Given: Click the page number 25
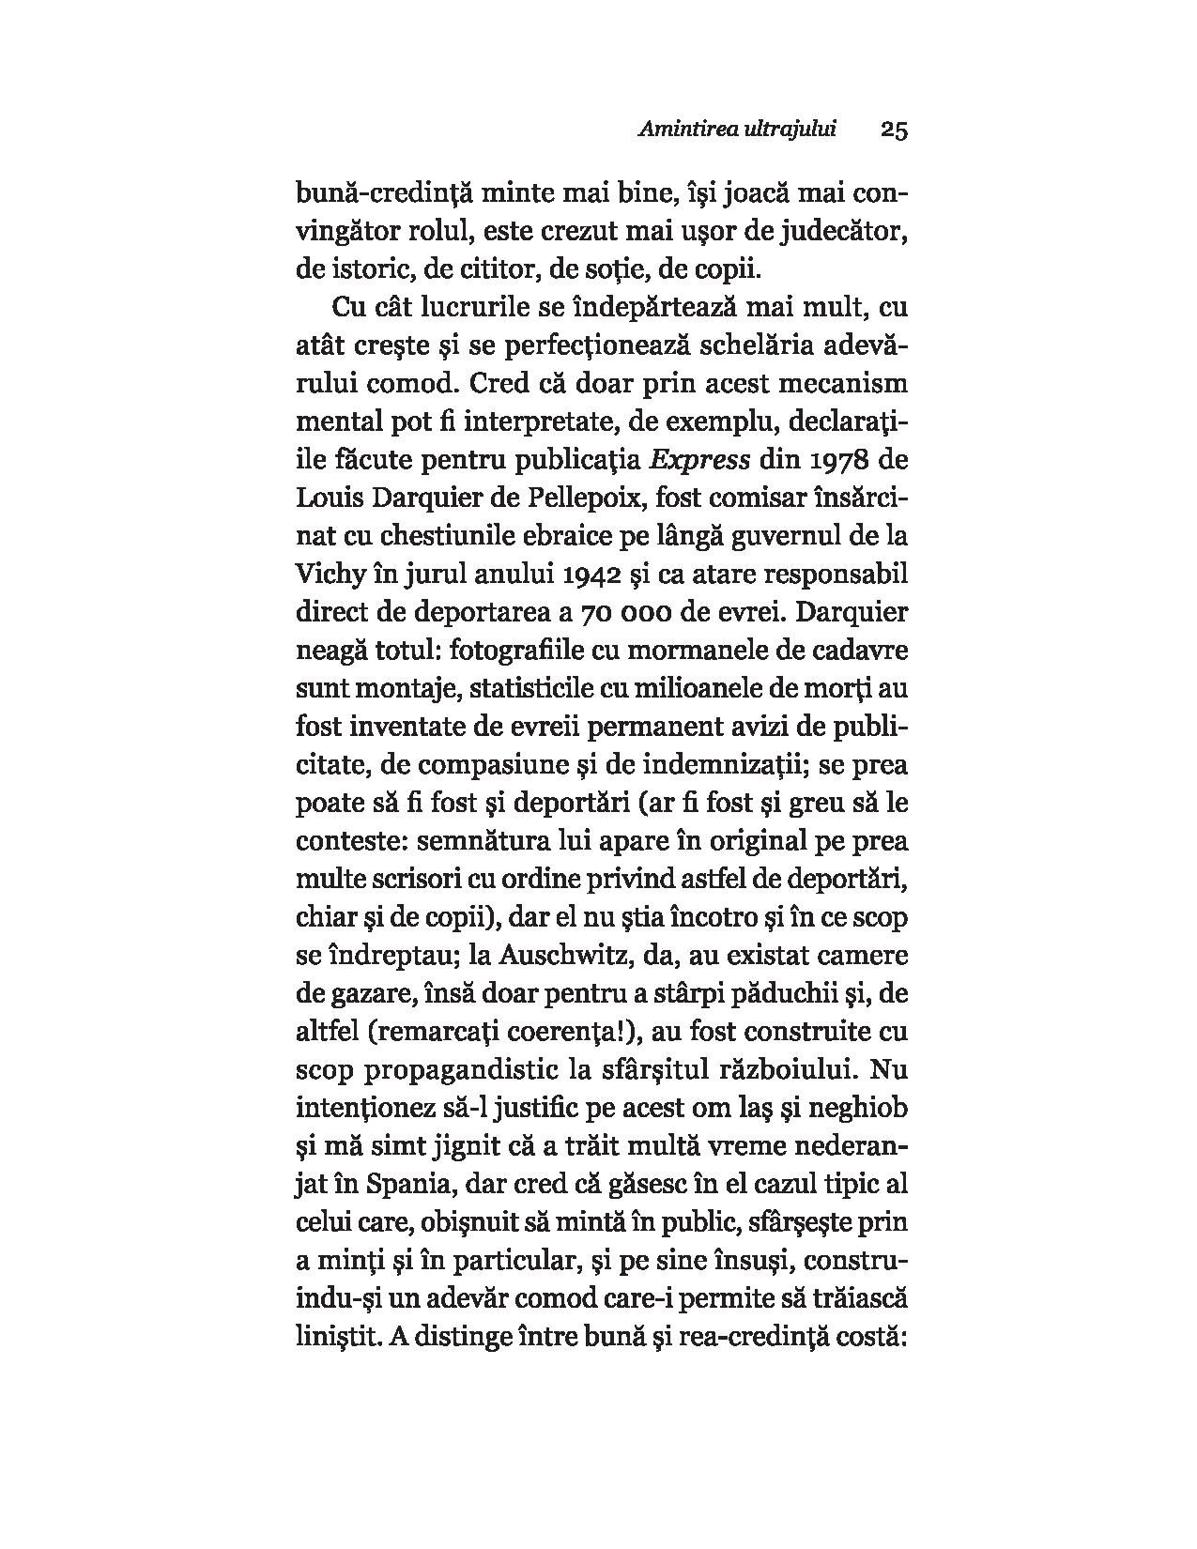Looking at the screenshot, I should click(x=894, y=130).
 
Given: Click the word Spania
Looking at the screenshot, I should click(x=404, y=1185).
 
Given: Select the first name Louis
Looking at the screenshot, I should click(x=326, y=498).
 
